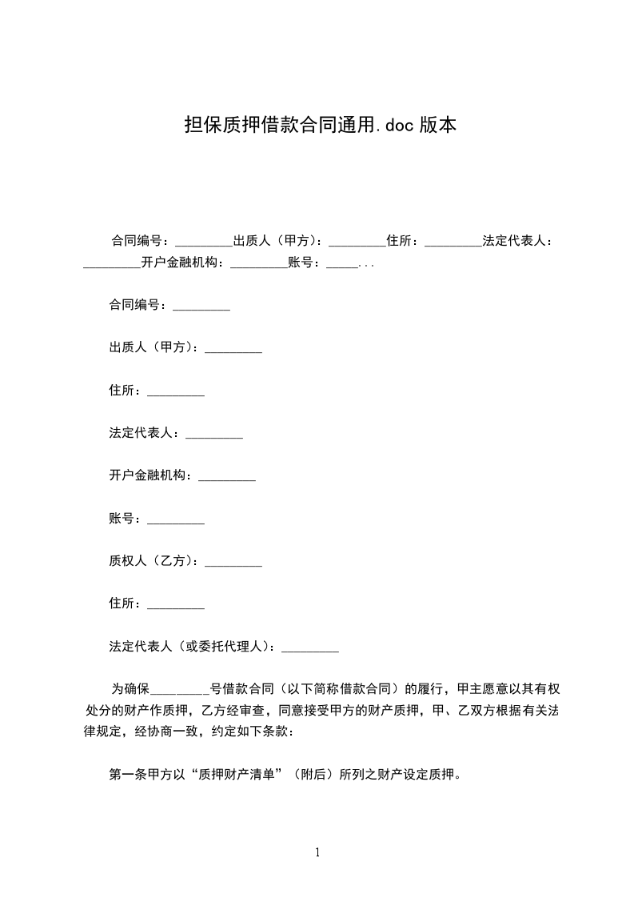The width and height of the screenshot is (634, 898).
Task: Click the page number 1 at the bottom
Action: point(317,852)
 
